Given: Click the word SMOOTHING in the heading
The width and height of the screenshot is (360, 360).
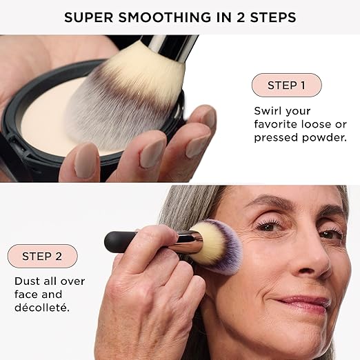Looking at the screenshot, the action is click(x=165, y=17).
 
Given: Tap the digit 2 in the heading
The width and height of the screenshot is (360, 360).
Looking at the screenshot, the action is click(x=241, y=17).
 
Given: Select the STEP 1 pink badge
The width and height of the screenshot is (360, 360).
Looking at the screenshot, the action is click(x=287, y=85).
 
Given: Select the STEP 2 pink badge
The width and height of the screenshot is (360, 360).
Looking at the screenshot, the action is click(x=43, y=256).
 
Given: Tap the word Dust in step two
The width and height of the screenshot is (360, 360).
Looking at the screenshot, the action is click(x=27, y=281).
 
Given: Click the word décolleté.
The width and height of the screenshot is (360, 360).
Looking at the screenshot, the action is click(x=42, y=308).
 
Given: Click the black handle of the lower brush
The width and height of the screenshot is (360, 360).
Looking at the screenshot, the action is click(x=122, y=242).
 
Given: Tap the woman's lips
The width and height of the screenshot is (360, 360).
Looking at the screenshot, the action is click(x=301, y=303).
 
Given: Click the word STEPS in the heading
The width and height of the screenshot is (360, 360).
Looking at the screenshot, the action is click(x=273, y=17).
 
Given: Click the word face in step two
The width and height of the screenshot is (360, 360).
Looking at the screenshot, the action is click(x=26, y=294).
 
